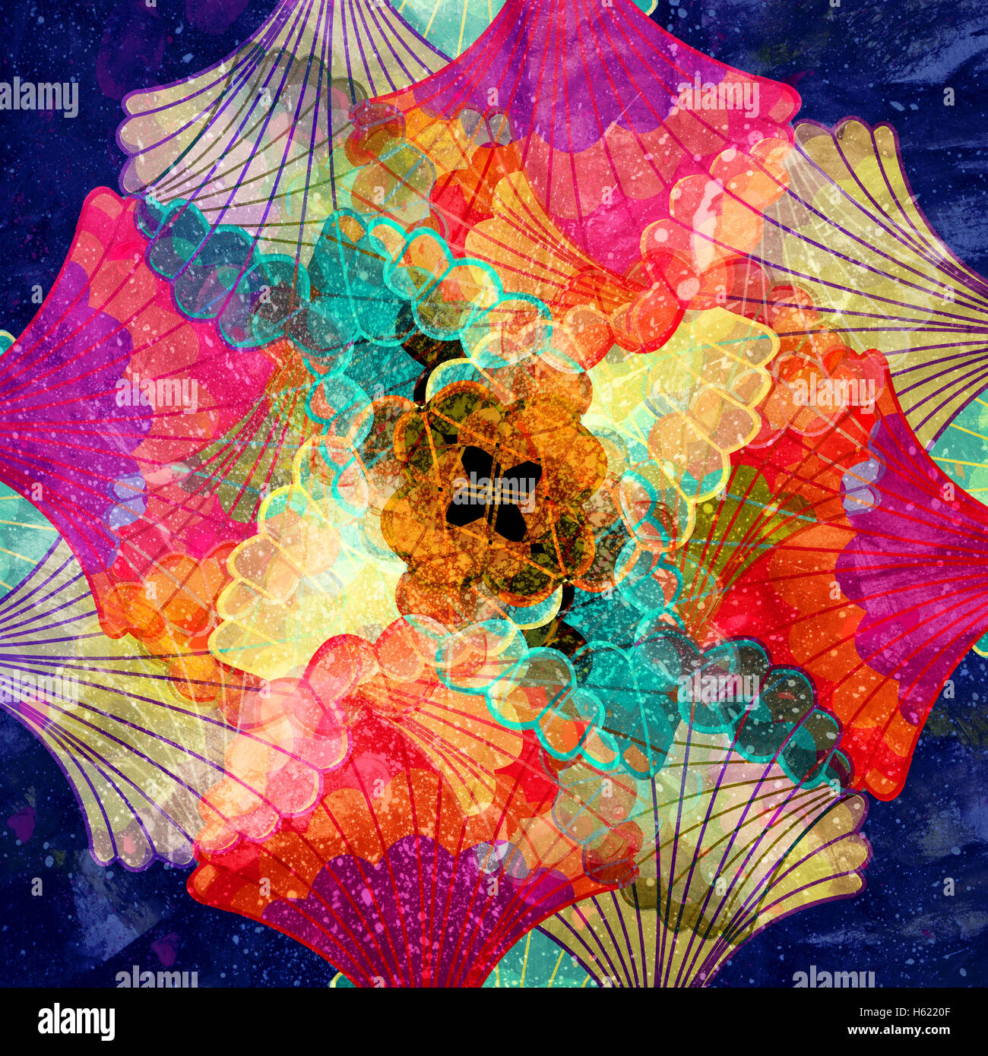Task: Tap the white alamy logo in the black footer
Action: pos(76,1022)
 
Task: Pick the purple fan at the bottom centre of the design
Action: pos(410,912)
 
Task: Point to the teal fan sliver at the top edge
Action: pos(448,19)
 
